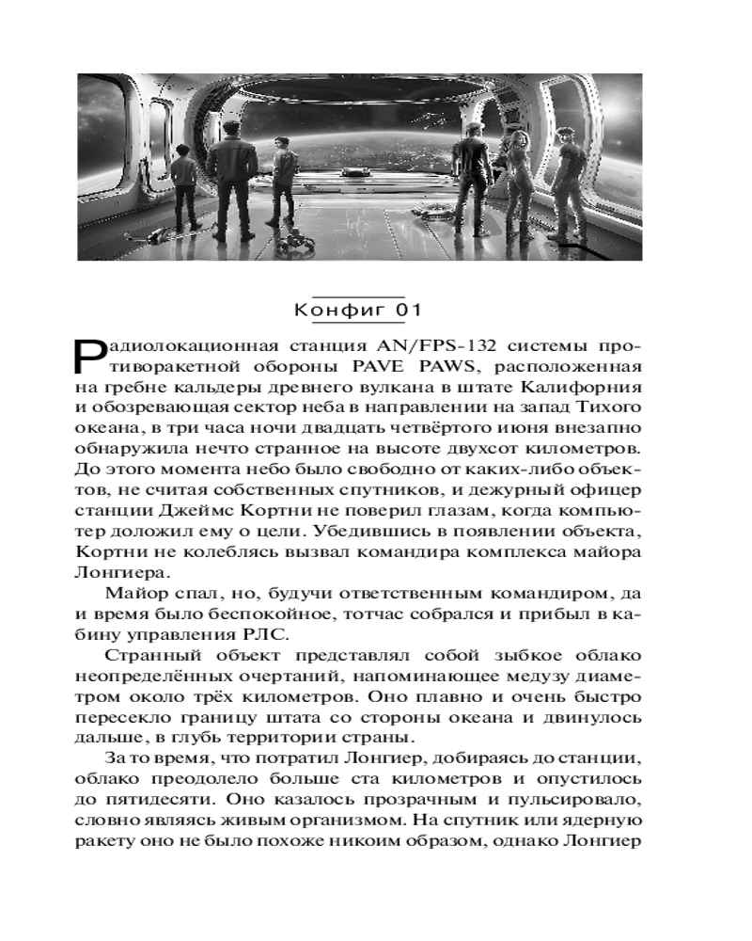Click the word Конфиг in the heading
tap(329, 311)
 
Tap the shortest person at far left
tap(184, 193)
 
